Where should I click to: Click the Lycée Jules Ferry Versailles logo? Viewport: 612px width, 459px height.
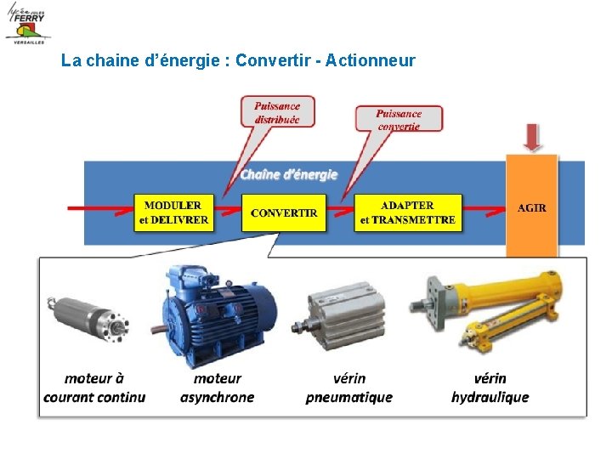[x=27, y=23]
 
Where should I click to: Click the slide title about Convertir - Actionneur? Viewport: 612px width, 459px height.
[x=238, y=60]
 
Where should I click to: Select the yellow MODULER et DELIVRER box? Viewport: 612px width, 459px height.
[x=173, y=212]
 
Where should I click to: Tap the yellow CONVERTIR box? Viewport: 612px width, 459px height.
[x=284, y=212]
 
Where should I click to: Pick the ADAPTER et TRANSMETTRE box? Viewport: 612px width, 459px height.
[x=407, y=212]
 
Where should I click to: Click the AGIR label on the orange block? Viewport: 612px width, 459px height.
[x=532, y=208]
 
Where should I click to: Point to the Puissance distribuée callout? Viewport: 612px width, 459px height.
[x=277, y=112]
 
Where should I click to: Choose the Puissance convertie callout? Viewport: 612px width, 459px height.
[x=398, y=119]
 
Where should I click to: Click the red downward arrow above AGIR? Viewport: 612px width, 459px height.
[x=532, y=137]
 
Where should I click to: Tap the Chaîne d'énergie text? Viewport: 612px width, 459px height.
[x=288, y=174]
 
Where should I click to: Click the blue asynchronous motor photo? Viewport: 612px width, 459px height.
[x=218, y=311]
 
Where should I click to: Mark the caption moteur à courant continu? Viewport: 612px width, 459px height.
[x=94, y=388]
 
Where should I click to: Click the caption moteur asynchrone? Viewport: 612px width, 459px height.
[x=217, y=388]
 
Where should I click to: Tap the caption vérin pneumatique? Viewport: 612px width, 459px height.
[x=348, y=388]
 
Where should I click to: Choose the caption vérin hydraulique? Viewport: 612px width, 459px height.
[x=490, y=388]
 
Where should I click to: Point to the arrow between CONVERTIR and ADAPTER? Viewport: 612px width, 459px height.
[x=340, y=207]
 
